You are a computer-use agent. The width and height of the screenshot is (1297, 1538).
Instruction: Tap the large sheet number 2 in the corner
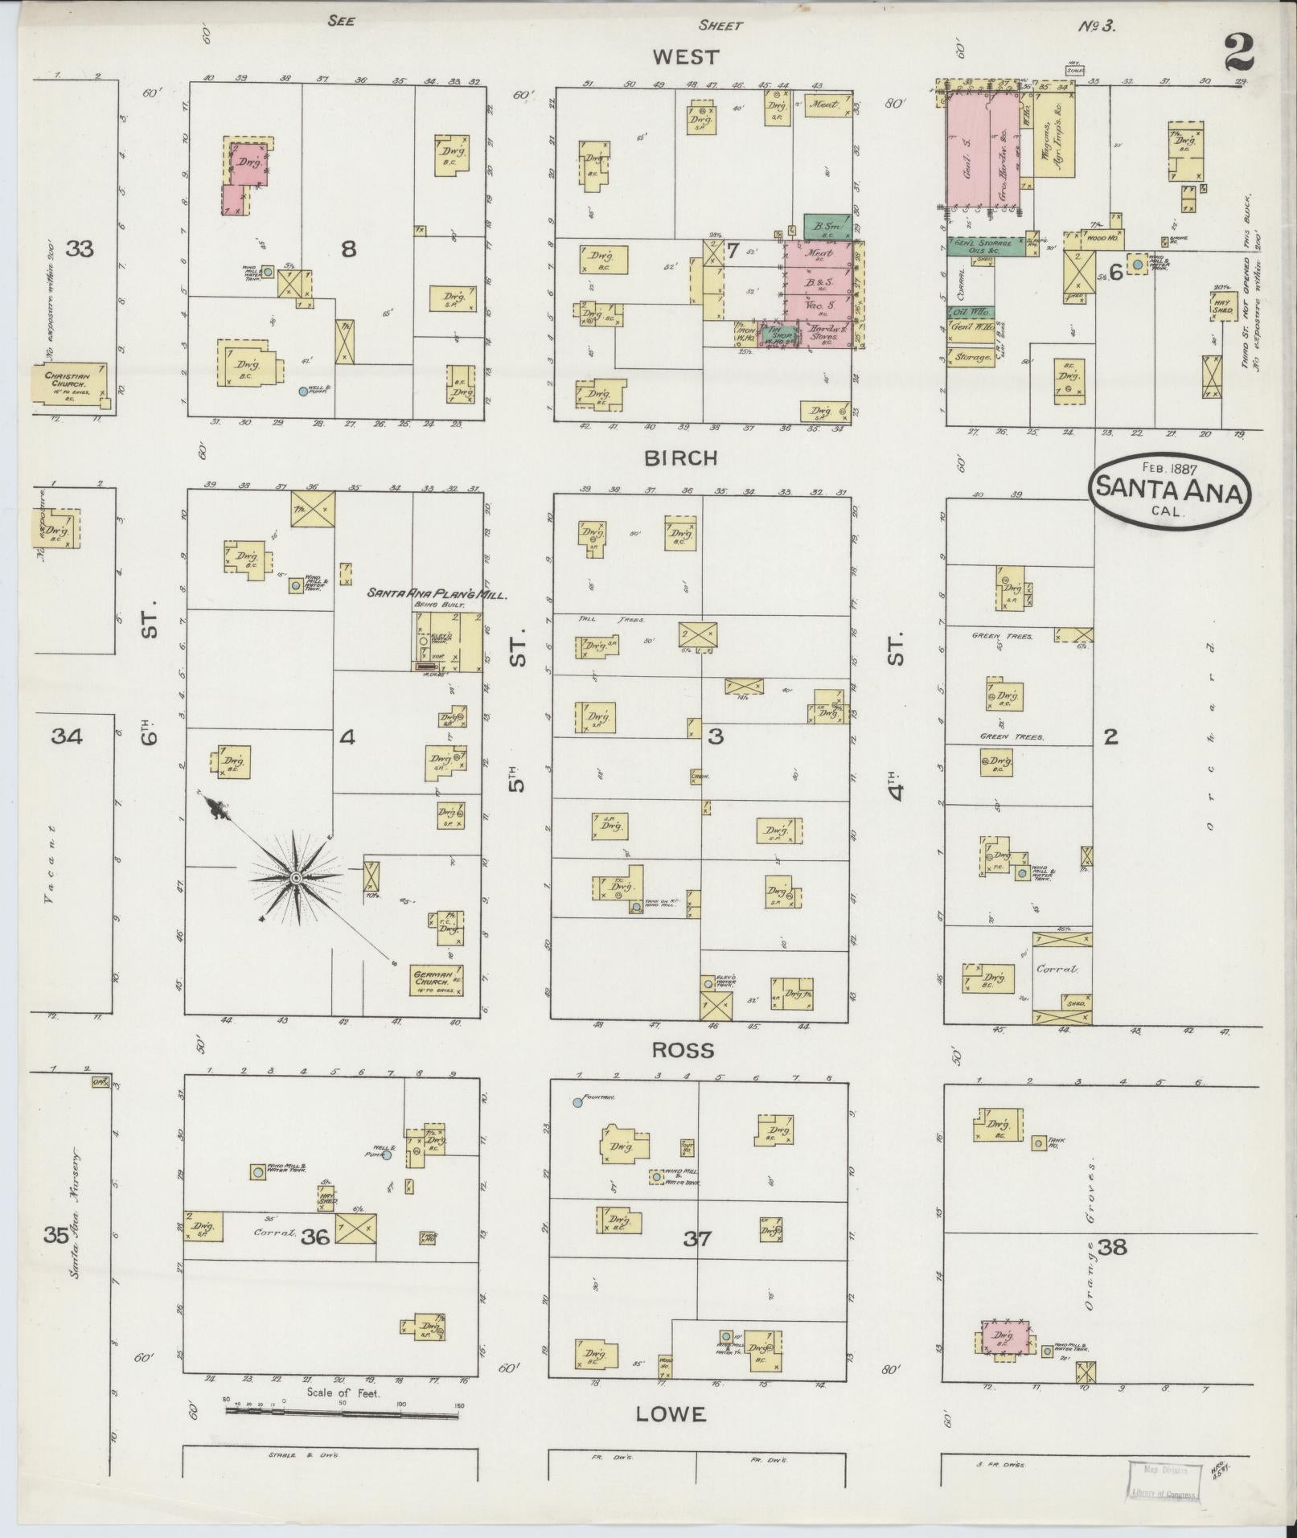point(1240,55)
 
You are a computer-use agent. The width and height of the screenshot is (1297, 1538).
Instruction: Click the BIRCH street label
point(680,457)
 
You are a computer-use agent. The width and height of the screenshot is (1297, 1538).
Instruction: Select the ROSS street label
point(683,1049)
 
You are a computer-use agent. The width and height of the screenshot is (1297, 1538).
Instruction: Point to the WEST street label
point(685,56)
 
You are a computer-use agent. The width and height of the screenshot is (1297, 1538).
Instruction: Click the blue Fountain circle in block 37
point(577,1102)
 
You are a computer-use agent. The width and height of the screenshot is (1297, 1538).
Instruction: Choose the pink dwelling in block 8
point(244,173)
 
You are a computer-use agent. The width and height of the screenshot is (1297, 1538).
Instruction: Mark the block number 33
point(80,249)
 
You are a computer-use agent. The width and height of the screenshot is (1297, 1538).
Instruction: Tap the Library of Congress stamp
point(1164,1481)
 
